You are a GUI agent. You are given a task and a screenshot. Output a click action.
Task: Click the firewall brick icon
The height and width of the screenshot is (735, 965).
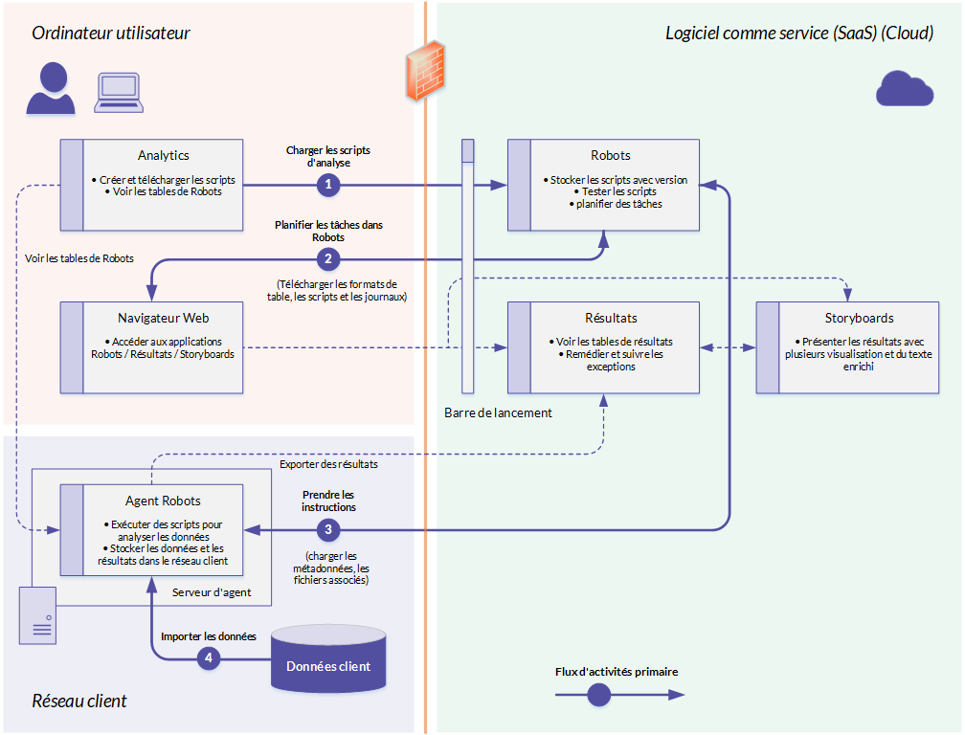click(425, 71)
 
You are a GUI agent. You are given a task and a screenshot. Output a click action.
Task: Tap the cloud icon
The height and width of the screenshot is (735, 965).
click(905, 89)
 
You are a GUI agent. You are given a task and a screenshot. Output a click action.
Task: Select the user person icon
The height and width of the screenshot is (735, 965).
click(51, 88)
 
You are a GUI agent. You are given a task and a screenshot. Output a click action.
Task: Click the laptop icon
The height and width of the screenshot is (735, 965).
click(119, 93)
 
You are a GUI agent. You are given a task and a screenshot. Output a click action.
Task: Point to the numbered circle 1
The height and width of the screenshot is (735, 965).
click(328, 185)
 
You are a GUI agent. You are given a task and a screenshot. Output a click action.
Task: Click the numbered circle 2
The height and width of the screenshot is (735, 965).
click(328, 259)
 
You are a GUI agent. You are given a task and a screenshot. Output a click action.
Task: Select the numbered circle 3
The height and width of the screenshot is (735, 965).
click(328, 529)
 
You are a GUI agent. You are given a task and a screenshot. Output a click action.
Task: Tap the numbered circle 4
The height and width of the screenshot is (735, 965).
click(209, 658)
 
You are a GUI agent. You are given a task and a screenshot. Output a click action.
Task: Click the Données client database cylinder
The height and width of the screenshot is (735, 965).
click(328, 658)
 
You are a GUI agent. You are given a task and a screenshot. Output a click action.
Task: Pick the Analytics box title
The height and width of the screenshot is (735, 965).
click(163, 156)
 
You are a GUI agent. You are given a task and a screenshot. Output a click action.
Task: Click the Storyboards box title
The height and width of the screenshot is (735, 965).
click(859, 318)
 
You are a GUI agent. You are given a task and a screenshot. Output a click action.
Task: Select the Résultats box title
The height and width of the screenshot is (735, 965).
click(611, 318)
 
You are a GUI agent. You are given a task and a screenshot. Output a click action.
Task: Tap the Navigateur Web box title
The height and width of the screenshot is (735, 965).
click(163, 318)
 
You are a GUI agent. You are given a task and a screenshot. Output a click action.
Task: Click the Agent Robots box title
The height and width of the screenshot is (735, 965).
click(163, 501)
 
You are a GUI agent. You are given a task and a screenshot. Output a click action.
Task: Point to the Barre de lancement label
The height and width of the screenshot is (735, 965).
click(498, 412)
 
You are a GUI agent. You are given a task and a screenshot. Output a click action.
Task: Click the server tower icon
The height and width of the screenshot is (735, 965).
click(37, 615)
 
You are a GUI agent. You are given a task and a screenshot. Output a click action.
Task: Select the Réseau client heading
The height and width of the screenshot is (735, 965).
click(79, 701)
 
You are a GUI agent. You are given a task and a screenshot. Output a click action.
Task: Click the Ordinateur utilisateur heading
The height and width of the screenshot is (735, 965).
click(111, 33)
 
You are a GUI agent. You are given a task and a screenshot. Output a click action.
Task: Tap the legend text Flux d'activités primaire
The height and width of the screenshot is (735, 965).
click(617, 672)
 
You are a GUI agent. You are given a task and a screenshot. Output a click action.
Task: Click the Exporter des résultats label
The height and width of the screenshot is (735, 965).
click(328, 464)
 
